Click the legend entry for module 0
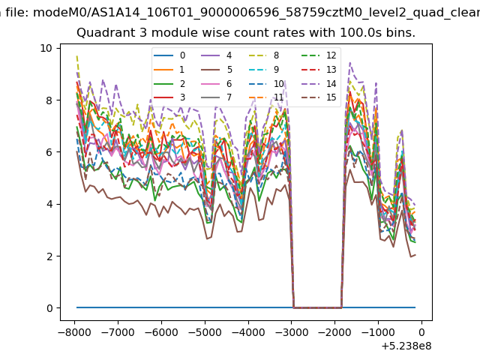pos(169,55)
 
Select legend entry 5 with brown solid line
pos(217,70)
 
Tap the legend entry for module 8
pos(263,55)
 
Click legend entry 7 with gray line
pos(217,97)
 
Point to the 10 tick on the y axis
pos(46,48)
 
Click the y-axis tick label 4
pos(49,204)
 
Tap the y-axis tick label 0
pos(49,308)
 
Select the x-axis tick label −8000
pos(74,332)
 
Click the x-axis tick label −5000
pos(205,332)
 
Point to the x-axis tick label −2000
pos(335,332)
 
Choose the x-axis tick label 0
pos(421,332)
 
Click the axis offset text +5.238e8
pos(406,346)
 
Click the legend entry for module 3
pos(169,97)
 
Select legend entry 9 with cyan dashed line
pos(263,70)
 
